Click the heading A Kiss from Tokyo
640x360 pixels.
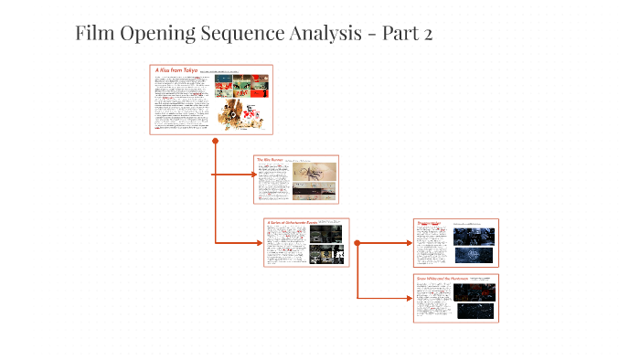pyautogui.click(x=176, y=70)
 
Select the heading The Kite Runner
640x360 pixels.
pyautogui.click(x=271, y=160)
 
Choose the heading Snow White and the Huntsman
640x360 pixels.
pyautogui.click(x=443, y=278)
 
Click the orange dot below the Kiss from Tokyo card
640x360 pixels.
pyautogui.click(x=215, y=142)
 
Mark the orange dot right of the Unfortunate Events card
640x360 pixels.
pyautogui.click(x=357, y=243)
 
